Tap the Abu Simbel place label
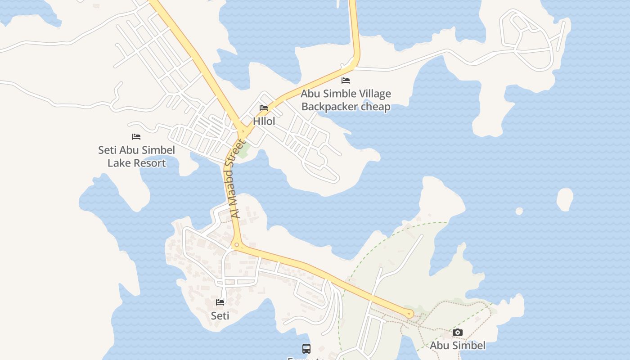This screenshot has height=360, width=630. tap(458, 346)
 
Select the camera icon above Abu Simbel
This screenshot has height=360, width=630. tap(458, 333)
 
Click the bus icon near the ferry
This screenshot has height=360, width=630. tap(306, 348)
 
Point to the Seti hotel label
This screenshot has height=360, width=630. tap(220, 316)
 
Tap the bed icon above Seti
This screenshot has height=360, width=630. tap(220, 302)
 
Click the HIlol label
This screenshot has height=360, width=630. tap(264, 121)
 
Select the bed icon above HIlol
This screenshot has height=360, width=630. tap(264, 108)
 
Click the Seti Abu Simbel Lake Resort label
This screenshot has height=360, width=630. tap(136, 157)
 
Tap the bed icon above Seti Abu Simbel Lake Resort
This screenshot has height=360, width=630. tap(136, 137)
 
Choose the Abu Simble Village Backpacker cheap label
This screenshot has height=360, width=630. tap(346, 100)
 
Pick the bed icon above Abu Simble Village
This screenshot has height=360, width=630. tap(346, 81)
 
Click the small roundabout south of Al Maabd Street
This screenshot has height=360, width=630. tap(237, 245)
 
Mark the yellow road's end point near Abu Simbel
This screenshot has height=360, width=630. tap(409, 314)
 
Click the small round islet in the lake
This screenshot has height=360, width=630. tap(519, 211)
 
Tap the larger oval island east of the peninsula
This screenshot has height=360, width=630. tap(565, 199)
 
